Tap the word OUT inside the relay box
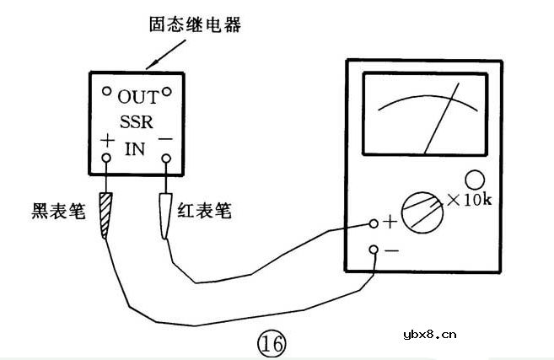[137, 97]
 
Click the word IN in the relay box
[135, 150]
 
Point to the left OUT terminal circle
[107, 91]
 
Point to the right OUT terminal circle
[168, 91]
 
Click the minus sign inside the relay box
[166, 137]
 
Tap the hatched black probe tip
[105, 214]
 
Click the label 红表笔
[205, 211]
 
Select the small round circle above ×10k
[475, 180]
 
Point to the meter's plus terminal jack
[374, 223]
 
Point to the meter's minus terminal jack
[374, 250]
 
